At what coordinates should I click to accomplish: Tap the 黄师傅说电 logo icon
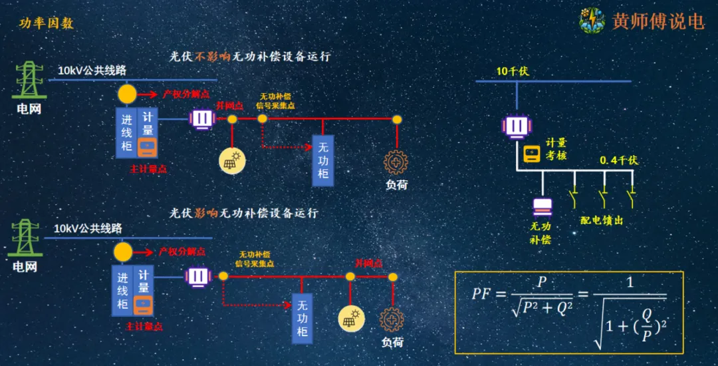591,21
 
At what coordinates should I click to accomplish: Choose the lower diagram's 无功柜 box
302,318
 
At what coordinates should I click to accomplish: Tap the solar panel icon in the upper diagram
233,160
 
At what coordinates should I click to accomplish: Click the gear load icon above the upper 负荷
396,162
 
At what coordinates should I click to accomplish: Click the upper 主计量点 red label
148,170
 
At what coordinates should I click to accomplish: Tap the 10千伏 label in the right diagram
512,71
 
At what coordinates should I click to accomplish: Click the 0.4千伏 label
618,160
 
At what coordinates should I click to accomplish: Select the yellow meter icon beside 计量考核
532,154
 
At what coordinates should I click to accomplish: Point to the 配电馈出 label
602,220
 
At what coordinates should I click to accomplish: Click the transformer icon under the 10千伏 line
516,125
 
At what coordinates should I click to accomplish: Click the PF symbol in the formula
483,293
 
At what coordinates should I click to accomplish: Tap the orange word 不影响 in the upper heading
212,57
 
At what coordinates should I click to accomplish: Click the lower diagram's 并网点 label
368,264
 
